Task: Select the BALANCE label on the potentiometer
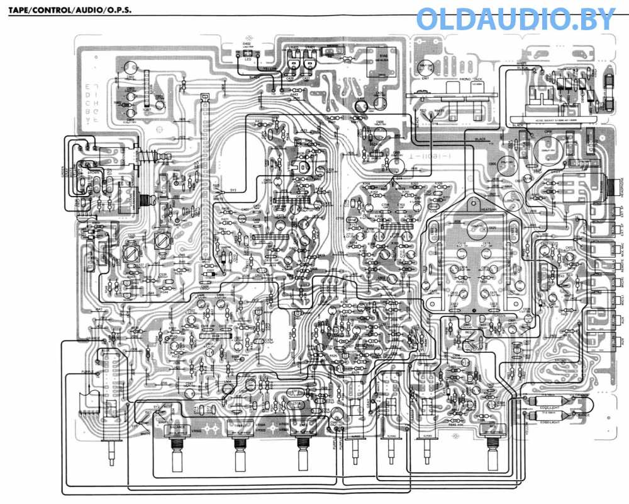coord(179,427)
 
